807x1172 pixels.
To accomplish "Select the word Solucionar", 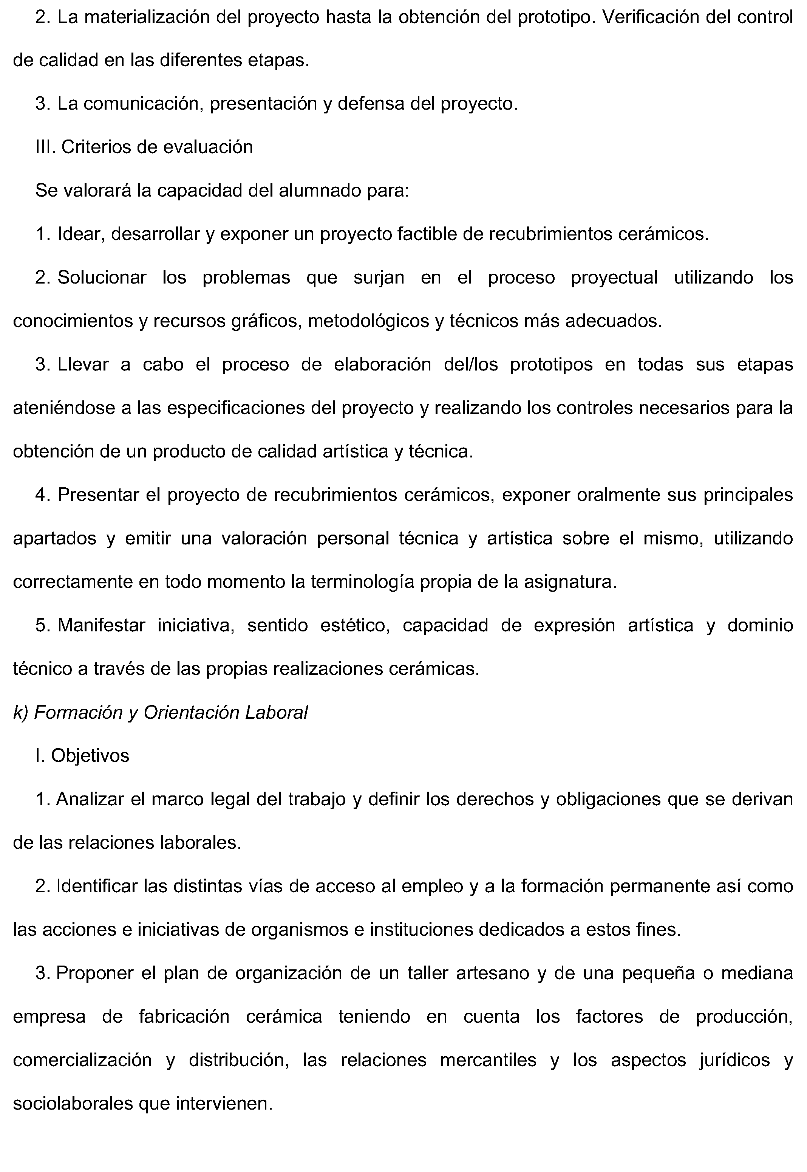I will [102, 278].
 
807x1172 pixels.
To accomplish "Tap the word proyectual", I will [614, 278].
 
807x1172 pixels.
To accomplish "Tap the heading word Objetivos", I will [90, 756].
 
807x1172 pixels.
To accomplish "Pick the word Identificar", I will [97, 887].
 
